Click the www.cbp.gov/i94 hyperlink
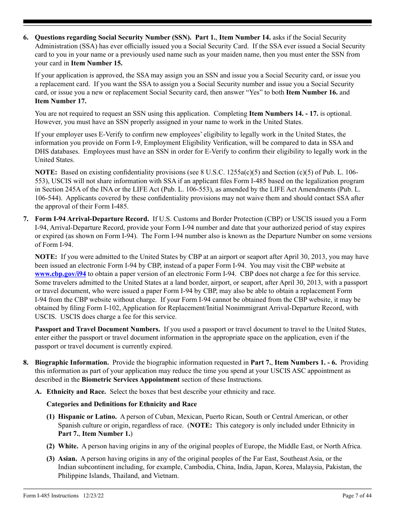pos(60,274)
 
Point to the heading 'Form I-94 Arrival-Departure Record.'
pos(91,219)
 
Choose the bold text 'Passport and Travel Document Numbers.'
pos(97,329)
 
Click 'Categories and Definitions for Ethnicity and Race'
pos(121,404)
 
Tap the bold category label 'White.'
pos(68,446)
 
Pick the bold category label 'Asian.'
pos(67,459)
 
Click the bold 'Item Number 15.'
pos(97,63)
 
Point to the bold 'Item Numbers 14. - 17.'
pos(284,113)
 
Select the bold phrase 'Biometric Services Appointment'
pos(131,380)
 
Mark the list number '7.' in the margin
pos(26,219)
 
